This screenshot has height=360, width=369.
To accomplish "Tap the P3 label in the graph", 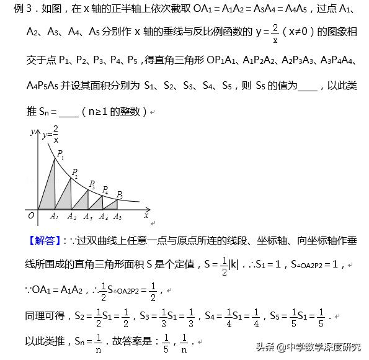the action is pyautogui.click(x=92, y=184).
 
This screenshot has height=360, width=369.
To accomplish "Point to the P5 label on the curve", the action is pyautogui.click(x=120, y=194).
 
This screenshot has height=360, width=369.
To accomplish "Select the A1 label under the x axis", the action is pyautogui.click(x=55, y=217).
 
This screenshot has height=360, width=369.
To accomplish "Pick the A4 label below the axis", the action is pyautogui.click(x=104, y=217).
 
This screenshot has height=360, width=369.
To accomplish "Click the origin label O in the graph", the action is pyautogui.click(x=30, y=215).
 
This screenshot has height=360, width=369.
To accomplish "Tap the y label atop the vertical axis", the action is pyautogui.click(x=32, y=132).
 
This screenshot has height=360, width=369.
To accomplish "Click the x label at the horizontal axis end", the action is pyautogui.click(x=146, y=215).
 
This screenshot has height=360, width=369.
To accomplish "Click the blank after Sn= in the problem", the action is pyautogui.click(x=69, y=112).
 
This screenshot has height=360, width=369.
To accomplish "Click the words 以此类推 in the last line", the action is pyautogui.click(x=45, y=341).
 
